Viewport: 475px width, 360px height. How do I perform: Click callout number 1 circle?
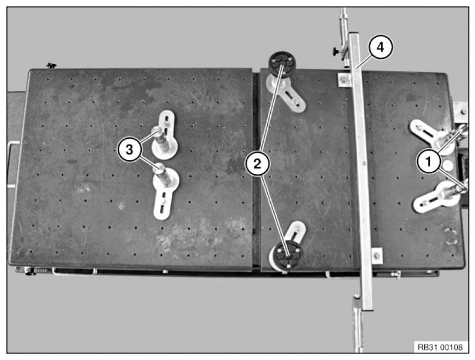[429, 161]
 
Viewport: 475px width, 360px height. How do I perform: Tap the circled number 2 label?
[257, 164]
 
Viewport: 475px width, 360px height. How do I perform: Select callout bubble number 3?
[129, 149]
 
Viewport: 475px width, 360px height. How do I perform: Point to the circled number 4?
[380, 47]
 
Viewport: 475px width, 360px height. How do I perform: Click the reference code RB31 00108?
[440, 347]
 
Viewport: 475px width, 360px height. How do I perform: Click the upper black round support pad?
[282, 64]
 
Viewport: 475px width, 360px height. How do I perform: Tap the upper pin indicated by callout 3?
[158, 132]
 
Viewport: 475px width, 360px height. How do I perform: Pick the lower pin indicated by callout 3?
[160, 169]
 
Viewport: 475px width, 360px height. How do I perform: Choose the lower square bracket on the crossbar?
[377, 256]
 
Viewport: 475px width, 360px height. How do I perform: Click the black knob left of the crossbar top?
[336, 52]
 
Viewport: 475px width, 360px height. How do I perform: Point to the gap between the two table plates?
[256, 169]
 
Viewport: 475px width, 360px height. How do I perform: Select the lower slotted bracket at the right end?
[433, 197]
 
